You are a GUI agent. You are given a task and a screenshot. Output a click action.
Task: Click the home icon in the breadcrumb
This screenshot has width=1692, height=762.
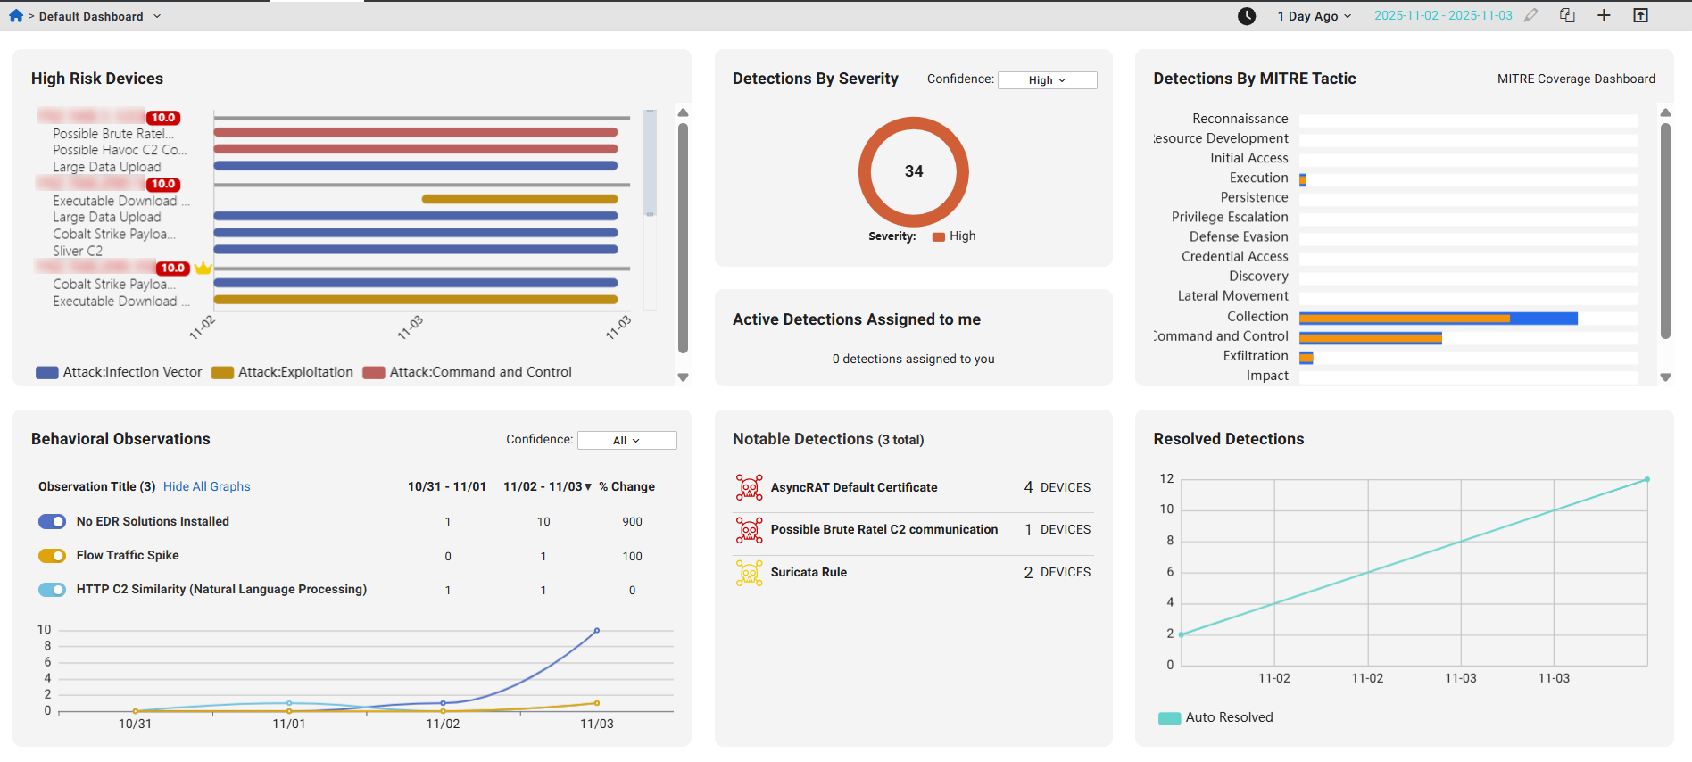16,16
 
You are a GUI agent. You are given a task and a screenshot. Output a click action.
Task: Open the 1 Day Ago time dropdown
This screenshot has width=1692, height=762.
1314,16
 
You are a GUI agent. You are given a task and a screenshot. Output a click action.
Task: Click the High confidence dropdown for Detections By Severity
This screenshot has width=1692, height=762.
1047,80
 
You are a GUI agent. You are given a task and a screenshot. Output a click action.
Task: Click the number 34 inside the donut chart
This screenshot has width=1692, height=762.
914,171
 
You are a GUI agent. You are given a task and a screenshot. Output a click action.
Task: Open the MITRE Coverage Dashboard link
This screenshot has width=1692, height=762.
1575,79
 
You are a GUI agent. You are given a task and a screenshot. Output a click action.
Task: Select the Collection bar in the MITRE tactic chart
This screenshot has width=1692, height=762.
1437,318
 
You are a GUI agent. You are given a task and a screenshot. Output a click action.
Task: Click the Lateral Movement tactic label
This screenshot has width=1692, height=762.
1232,296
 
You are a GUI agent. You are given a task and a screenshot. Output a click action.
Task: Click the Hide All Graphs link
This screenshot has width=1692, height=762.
206,486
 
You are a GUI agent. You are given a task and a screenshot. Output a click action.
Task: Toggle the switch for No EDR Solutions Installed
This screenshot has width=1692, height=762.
53,521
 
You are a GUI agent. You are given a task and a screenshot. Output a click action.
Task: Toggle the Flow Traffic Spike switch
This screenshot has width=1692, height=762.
53,556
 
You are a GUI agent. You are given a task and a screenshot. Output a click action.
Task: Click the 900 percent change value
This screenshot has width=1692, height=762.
632,522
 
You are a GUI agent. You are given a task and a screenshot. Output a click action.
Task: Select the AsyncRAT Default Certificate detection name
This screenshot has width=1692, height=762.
853,487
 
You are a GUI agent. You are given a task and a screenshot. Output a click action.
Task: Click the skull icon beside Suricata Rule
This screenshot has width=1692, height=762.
749,573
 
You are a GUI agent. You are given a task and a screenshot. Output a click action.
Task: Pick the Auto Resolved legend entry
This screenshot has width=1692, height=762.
1215,717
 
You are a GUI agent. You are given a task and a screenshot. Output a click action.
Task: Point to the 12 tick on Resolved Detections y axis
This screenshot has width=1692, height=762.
1166,479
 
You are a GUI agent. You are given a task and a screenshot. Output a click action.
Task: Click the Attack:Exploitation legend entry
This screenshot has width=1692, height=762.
283,372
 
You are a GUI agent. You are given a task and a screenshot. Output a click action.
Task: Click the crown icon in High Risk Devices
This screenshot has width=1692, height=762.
203,269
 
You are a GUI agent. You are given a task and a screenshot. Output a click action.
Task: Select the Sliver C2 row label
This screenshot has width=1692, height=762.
78,252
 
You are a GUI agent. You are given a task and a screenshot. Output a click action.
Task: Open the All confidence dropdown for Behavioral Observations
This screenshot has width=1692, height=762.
626,441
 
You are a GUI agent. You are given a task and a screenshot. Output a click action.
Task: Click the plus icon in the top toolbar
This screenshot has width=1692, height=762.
1604,16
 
